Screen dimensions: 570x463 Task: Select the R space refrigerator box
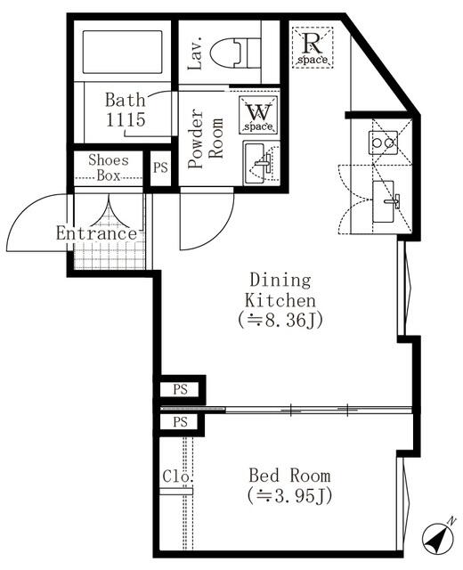pos(313,45)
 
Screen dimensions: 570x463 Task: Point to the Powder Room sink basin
pos(260,163)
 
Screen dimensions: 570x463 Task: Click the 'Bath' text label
pos(125,99)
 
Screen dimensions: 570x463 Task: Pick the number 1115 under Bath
pos(125,118)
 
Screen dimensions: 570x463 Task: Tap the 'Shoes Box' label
pos(108,167)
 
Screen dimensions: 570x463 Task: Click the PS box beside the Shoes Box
pos(160,168)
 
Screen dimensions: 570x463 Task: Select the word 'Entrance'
pos(97,233)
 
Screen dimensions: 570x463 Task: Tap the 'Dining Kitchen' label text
pos(280,289)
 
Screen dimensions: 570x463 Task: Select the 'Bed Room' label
pos(288,475)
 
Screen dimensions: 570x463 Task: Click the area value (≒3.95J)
pos(288,495)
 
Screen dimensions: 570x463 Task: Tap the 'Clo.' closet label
pos(178,476)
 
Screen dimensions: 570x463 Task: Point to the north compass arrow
pos(437,537)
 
